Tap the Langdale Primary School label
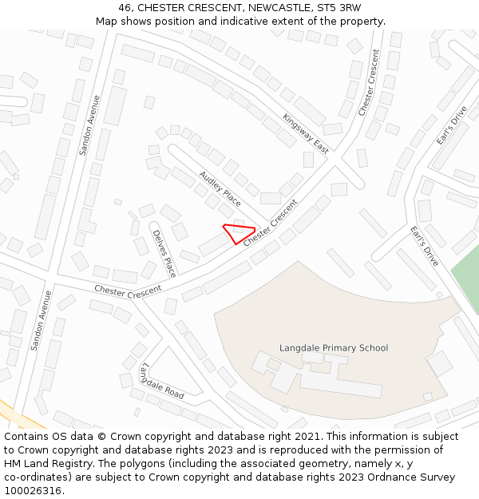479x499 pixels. (334, 348)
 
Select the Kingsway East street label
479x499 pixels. (305, 133)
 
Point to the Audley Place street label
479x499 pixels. (220, 188)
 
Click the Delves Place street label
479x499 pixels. (164, 252)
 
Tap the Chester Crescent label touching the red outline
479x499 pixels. (270, 222)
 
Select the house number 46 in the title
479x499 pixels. (125, 8)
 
